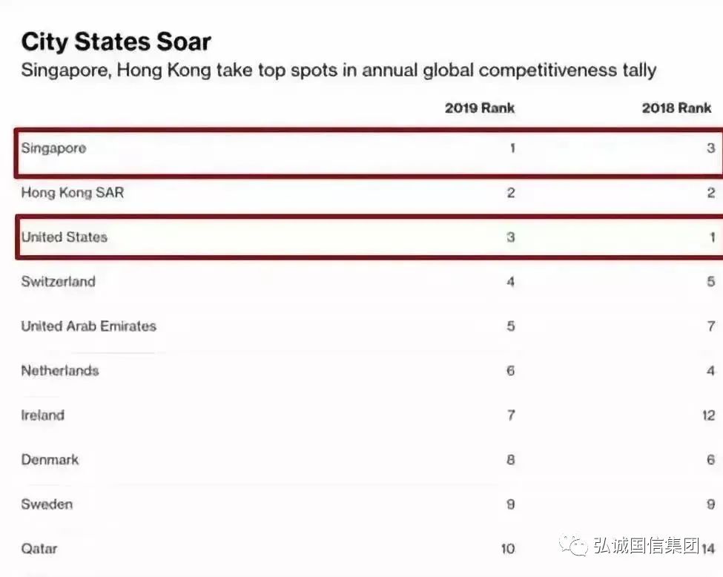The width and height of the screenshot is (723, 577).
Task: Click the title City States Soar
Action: (x=116, y=42)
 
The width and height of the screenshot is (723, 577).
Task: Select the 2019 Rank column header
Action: (x=479, y=108)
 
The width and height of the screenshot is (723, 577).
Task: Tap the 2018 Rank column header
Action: (x=676, y=108)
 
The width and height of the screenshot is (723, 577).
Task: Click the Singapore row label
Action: (x=53, y=148)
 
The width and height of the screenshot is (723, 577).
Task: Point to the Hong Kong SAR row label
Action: (x=72, y=193)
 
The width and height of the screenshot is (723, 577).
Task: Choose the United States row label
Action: (x=64, y=237)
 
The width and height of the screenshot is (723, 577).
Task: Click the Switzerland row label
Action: (x=58, y=282)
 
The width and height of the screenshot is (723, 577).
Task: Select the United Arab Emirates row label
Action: (x=88, y=326)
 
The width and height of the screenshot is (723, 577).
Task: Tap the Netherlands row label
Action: (x=59, y=371)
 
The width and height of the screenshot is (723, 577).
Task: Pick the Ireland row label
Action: (x=42, y=415)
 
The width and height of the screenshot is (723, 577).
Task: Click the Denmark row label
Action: (x=50, y=460)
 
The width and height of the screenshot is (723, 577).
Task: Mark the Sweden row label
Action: (x=47, y=504)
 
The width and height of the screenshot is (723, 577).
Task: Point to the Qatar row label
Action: (x=39, y=549)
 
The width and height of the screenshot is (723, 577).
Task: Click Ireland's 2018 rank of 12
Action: (x=707, y=415)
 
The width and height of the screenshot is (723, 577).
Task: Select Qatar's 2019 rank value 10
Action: (x=507, y=549)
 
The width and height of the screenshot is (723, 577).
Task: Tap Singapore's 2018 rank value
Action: (x=710, y=148)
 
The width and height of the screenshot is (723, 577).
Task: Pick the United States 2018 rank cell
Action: (x=711, y=237)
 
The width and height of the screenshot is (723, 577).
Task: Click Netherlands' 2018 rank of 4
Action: (x=710, y=371)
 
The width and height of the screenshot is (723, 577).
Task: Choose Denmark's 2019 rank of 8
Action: (x=510, y=460)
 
